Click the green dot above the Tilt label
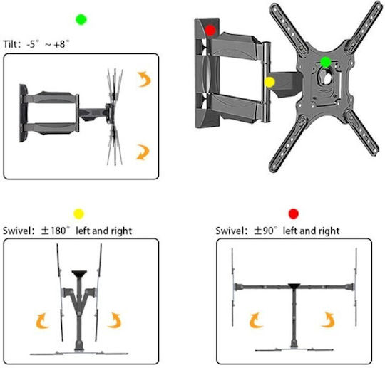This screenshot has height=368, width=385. click(x=81, y=20)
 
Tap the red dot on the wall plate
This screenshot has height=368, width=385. click(x=210, y=31)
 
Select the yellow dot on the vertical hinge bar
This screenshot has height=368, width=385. click(x=269, y=82)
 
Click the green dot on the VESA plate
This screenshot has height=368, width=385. click(x=326, y=62)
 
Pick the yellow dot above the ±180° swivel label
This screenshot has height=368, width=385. click(x=79, y=214)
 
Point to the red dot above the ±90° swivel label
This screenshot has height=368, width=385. click(x=294, y=214)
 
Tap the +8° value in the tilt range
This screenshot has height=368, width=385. click(x=61, y=44)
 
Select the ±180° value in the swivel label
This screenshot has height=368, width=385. click(x=55, y=231)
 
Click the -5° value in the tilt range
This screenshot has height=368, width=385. click(x=33, y=44)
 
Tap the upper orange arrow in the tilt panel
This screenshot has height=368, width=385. click(x=144, y=79)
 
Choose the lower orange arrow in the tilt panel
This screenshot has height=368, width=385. click(x=143, y=152)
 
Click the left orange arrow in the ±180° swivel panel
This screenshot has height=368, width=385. click(x=43, y=321)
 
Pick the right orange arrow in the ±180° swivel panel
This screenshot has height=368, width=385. click(x=114, y=320)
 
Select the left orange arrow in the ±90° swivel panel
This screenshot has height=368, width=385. click(x=256, y=320)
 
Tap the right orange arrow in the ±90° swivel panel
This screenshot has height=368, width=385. click(x=328, y=320)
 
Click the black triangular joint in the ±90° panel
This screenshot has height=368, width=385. click(x=294, y=285)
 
